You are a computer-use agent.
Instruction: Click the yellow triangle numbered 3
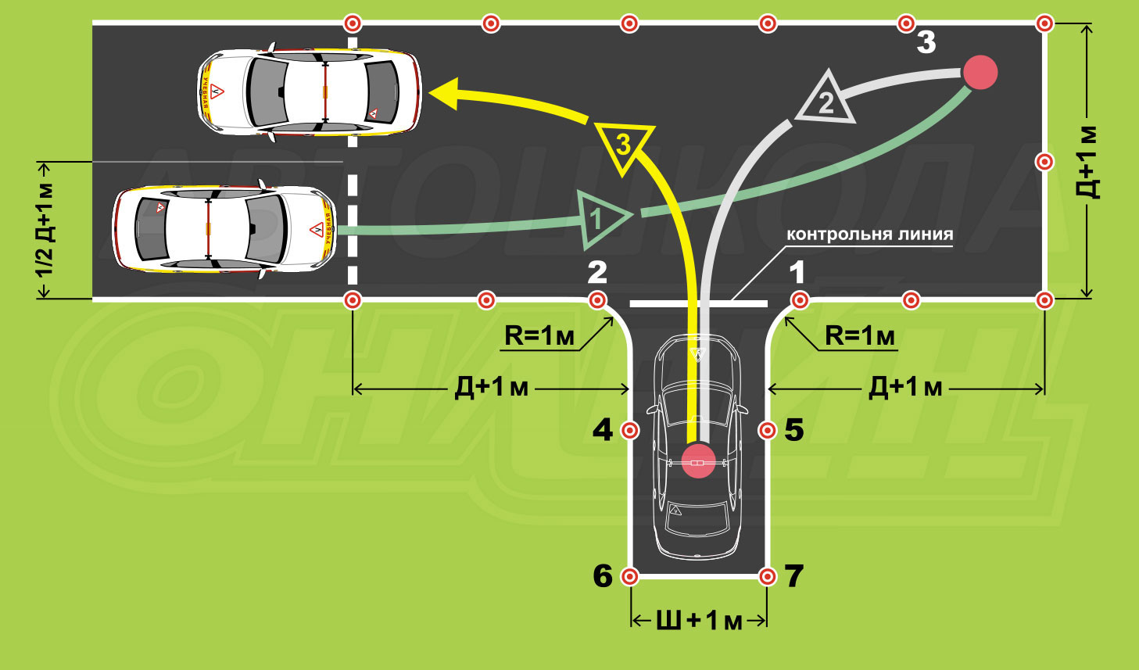623,145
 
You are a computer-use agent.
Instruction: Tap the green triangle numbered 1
600,217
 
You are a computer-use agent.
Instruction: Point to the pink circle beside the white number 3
980,72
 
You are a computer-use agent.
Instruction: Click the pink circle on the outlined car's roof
698,460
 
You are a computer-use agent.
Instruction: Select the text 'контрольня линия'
869,235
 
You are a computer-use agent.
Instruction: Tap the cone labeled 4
629,430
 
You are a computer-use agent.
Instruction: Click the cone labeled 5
768,430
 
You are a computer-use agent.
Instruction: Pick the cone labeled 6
629,576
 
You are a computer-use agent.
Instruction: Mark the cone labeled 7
768,576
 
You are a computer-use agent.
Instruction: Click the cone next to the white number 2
598,299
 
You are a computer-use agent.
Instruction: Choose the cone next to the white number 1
800,299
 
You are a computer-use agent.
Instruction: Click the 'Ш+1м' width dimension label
698,621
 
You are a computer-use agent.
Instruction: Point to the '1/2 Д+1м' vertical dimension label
45,230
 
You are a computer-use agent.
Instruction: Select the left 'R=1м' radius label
539,336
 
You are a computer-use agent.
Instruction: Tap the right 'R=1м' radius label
860,336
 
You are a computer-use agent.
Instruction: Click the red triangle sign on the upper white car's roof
217,91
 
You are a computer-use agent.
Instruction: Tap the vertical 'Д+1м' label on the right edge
1089,162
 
